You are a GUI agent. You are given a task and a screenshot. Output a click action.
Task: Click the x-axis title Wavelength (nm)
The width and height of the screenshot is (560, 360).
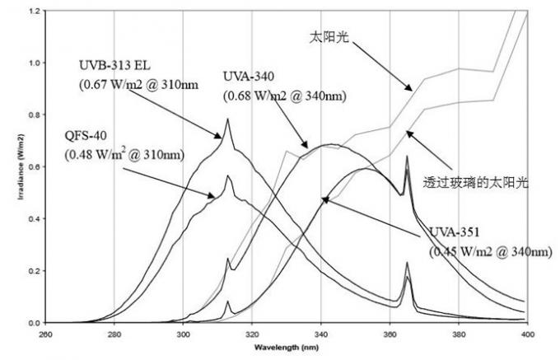pyautogui.click(x=286, y=347)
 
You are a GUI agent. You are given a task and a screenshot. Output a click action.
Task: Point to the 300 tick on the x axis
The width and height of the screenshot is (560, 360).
pyautogui.click(x=184, y=334)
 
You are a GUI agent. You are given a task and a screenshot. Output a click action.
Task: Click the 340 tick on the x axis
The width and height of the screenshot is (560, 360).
pyautogui.click(x=321, y=334)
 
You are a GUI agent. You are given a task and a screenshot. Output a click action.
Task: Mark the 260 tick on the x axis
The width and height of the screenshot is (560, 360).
pyautogui.click(x=46, y=334)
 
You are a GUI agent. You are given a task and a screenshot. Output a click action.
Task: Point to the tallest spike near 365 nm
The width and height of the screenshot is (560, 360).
pyautogui.click(x=407, y=156)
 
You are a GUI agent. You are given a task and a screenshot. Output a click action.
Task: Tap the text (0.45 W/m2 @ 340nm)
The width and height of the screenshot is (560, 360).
pyautogui.click(x=487, y=250)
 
